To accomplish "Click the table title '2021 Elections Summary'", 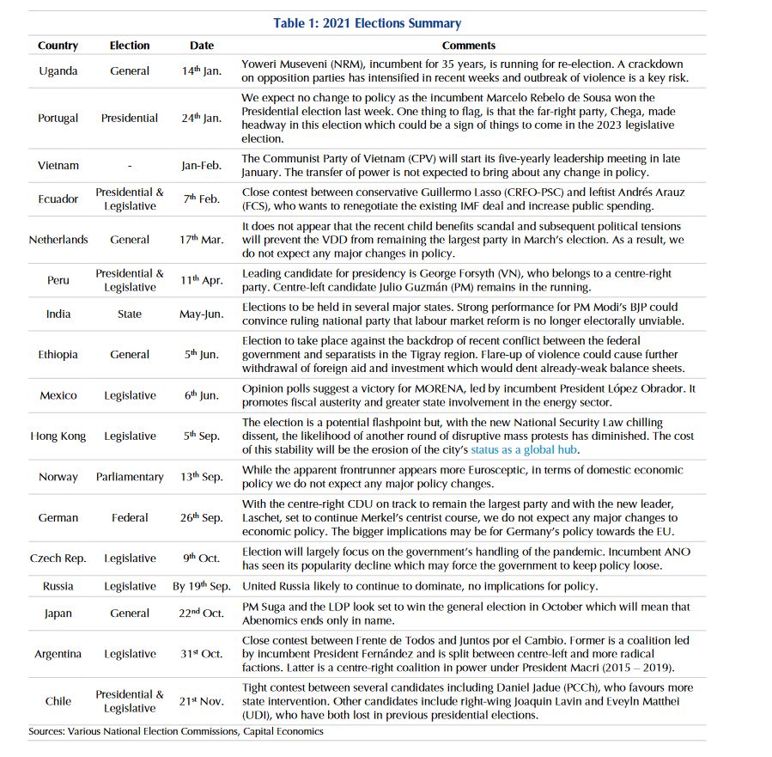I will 367,23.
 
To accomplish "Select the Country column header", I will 58,46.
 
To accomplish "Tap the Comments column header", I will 468,46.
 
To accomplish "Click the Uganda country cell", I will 58,71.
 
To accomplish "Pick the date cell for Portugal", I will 201,118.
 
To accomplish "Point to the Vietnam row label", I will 58,166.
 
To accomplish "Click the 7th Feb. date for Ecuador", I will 201,199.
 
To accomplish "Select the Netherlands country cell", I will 58,240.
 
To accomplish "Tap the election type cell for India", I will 130,314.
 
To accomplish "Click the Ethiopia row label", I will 58,354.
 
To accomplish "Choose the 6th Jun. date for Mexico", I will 201,395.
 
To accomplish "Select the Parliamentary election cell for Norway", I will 130,477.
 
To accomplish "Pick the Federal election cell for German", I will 130,518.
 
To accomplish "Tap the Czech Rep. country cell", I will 58,559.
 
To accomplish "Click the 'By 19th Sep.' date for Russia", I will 201,586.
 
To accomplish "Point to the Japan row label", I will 58,614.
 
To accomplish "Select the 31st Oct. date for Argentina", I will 201,654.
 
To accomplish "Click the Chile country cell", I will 58,701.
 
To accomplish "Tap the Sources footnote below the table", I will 175,731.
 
